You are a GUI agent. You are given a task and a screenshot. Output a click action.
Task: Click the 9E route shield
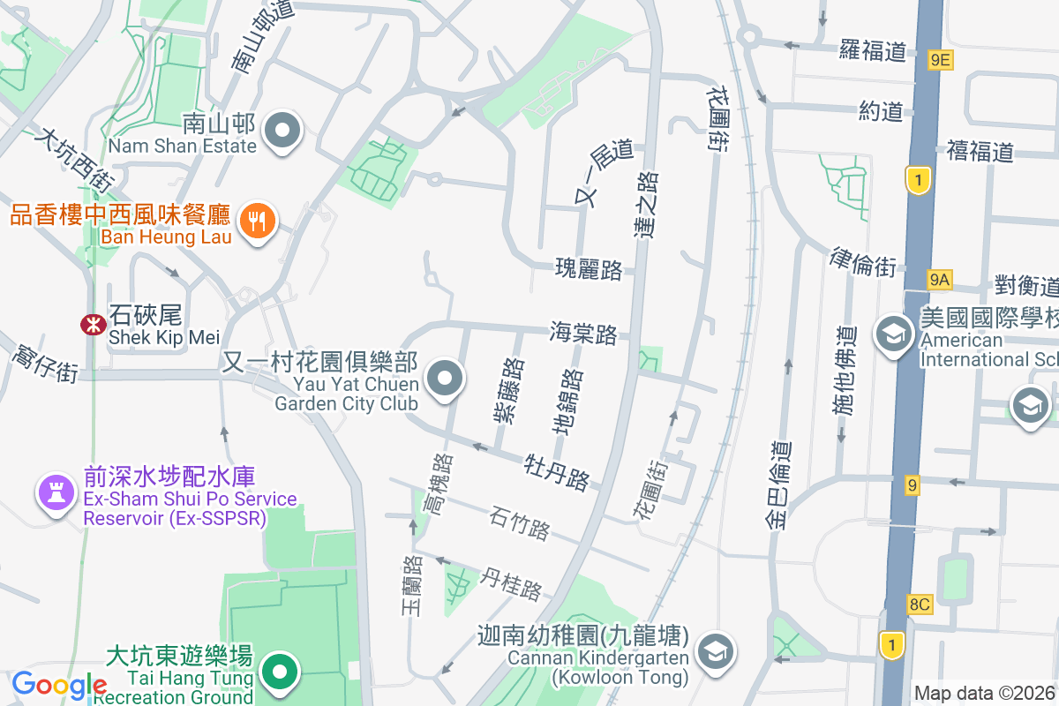click(941, 60)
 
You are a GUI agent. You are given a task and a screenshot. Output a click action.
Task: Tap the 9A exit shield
click(940, 281)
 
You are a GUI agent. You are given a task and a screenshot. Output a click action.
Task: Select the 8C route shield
click(920, 605)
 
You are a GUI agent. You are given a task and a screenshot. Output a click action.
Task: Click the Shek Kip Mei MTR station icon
click(93, 325)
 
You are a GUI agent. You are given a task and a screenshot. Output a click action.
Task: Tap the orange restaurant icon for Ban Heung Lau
click(258, 220)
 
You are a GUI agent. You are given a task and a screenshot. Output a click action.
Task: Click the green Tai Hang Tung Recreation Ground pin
click(281, 672)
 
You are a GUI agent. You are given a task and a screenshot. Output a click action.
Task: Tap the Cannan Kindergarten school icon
click(711, 652)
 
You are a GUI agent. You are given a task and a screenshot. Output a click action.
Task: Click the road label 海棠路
click(582, 333)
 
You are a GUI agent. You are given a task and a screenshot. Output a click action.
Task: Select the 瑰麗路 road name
click(589, 269)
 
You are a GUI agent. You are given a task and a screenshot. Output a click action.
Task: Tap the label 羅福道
click(873, 50)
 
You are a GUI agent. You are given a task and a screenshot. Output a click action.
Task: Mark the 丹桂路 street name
click(511, 583)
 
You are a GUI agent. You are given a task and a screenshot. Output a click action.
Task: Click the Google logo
click(59, 684)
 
